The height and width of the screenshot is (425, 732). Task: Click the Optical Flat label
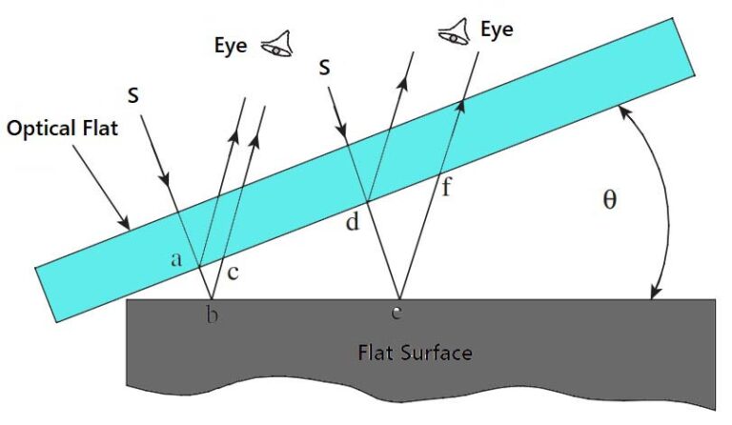click(63, 127)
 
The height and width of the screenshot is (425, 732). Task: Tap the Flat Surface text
click(414, 353)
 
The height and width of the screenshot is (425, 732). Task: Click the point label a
click(176, 257)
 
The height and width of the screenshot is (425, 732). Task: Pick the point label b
click(213, 315)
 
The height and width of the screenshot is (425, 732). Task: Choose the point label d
click(353, 224)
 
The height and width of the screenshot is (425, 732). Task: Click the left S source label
click(133, 95)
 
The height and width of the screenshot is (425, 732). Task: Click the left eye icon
click(277, 43)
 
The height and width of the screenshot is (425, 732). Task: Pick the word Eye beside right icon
click(497, 30)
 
